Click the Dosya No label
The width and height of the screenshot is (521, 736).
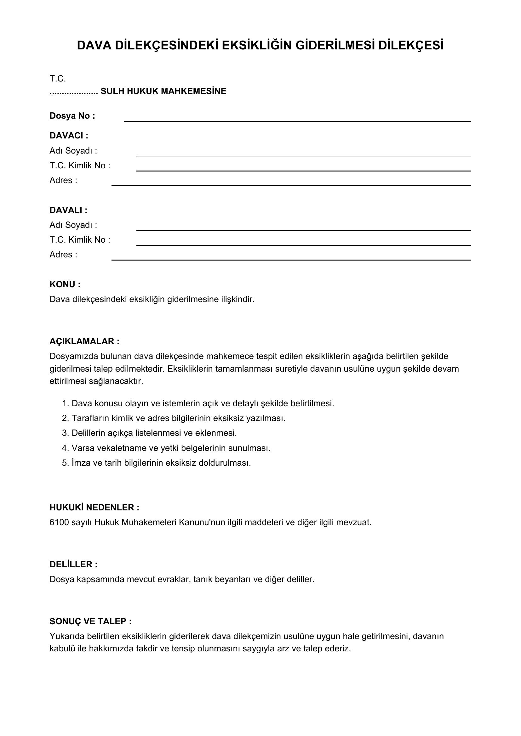point(72,116)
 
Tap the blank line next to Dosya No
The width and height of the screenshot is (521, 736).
point(297,119)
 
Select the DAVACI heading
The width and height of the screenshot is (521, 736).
point(69,136)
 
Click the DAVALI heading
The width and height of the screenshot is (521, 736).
point(68,210)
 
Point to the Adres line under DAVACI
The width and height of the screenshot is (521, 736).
point(291,183)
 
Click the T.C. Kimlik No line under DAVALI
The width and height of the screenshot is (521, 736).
point(303,243)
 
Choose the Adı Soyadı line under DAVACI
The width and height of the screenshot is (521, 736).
point(303,153)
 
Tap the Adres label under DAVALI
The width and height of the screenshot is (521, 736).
point(63,255)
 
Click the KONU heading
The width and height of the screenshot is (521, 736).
point(65,284)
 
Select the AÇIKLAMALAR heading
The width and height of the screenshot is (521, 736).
point(84,341)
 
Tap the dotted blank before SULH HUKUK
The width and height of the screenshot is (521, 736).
point(74,92)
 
